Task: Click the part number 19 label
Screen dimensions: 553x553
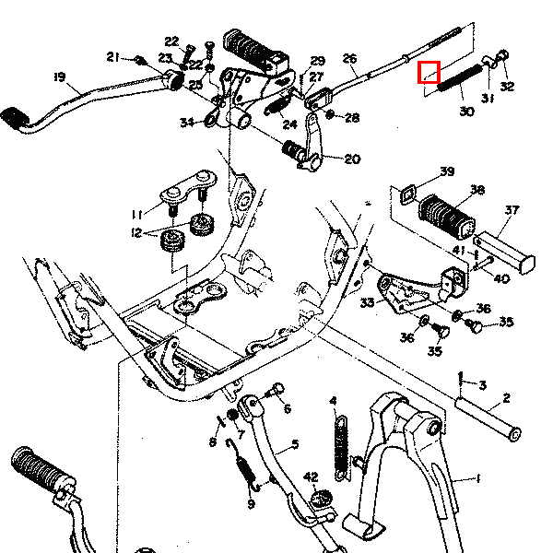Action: (59, 76)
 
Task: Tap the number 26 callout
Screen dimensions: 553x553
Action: (349, 58)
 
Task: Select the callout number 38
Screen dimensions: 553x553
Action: (477, 191)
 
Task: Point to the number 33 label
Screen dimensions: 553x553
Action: (368, 301)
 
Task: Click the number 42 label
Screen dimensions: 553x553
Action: (311, 477)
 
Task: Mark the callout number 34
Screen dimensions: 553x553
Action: (187, 122)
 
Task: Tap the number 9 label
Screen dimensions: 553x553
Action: (250, 504)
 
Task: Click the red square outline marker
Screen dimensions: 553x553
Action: (429, 71)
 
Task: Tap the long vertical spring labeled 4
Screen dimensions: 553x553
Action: (340, 447)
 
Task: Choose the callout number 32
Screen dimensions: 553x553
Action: (508, 88)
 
